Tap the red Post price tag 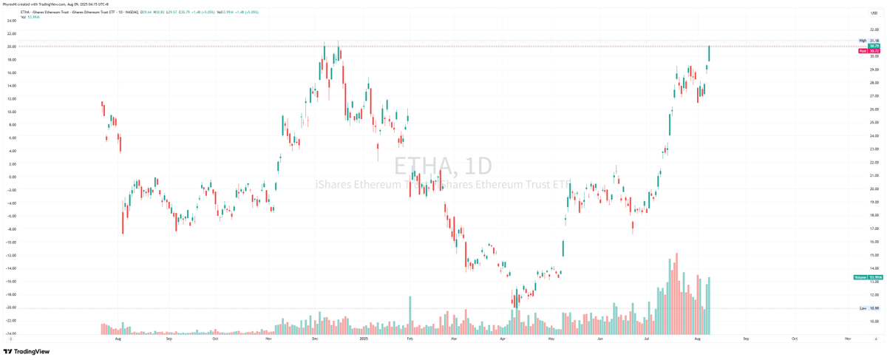click(863, 51)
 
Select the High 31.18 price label click(869, 41)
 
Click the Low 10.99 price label click(869, 308)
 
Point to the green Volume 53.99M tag click(869, 277)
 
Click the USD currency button click(873, 13)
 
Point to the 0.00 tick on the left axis click(11, 177)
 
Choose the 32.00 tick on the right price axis click(874, 30)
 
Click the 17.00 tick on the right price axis click(874, 228)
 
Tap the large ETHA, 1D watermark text click(442, 165)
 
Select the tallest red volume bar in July click(676, 293)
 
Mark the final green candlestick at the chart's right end click(709, 53)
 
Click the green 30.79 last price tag click(874, 46)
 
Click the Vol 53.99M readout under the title click(30, 16)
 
